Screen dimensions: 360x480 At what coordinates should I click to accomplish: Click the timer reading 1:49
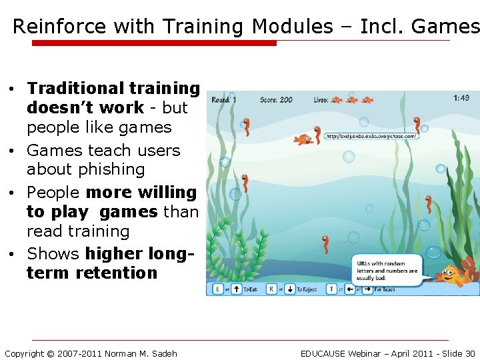[461, 98]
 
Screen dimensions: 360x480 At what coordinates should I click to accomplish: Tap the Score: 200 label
[276, 100]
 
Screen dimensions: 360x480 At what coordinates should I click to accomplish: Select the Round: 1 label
[224, 100]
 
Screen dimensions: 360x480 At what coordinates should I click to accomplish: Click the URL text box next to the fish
[371, 136]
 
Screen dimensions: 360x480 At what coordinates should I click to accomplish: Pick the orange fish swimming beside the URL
[305, 139]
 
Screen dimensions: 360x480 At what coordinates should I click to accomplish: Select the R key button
[271, 289]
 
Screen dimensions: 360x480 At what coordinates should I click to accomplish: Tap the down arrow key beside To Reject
[290, 289]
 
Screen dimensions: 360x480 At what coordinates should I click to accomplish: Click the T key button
[331, 289]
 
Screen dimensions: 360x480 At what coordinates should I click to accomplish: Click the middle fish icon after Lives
[351, 100]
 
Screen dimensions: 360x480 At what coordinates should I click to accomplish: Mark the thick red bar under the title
[154, 43]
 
